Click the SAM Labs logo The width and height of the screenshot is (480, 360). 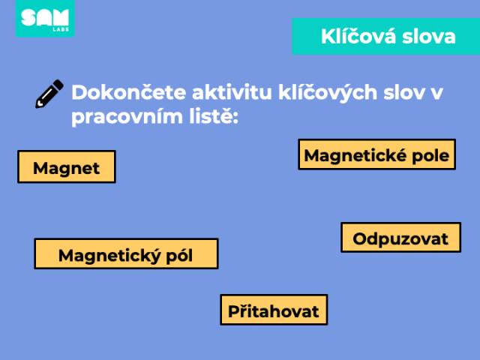coord(45,18)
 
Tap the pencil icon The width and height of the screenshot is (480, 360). coord(49,94)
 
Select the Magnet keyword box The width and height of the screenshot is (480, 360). coord(67,166)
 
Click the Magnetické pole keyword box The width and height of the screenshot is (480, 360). coord(376,154)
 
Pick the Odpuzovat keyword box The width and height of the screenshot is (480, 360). coord(400,238)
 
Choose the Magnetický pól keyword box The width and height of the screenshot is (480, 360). coord(126,253)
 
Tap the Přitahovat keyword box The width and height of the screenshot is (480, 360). coord(274,310)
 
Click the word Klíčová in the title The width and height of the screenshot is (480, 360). coord(358,37)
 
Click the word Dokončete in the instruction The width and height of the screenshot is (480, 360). coord(129,92)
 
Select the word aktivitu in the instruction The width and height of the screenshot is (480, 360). coord(232,92)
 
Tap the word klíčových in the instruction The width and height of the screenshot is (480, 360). coord(328,93)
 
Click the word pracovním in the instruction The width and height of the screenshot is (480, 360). coord(127,117)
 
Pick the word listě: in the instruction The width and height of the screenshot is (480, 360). coord(214,116)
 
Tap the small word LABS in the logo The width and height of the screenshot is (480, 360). coord(61,29)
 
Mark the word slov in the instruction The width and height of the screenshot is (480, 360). coord(404,92)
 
